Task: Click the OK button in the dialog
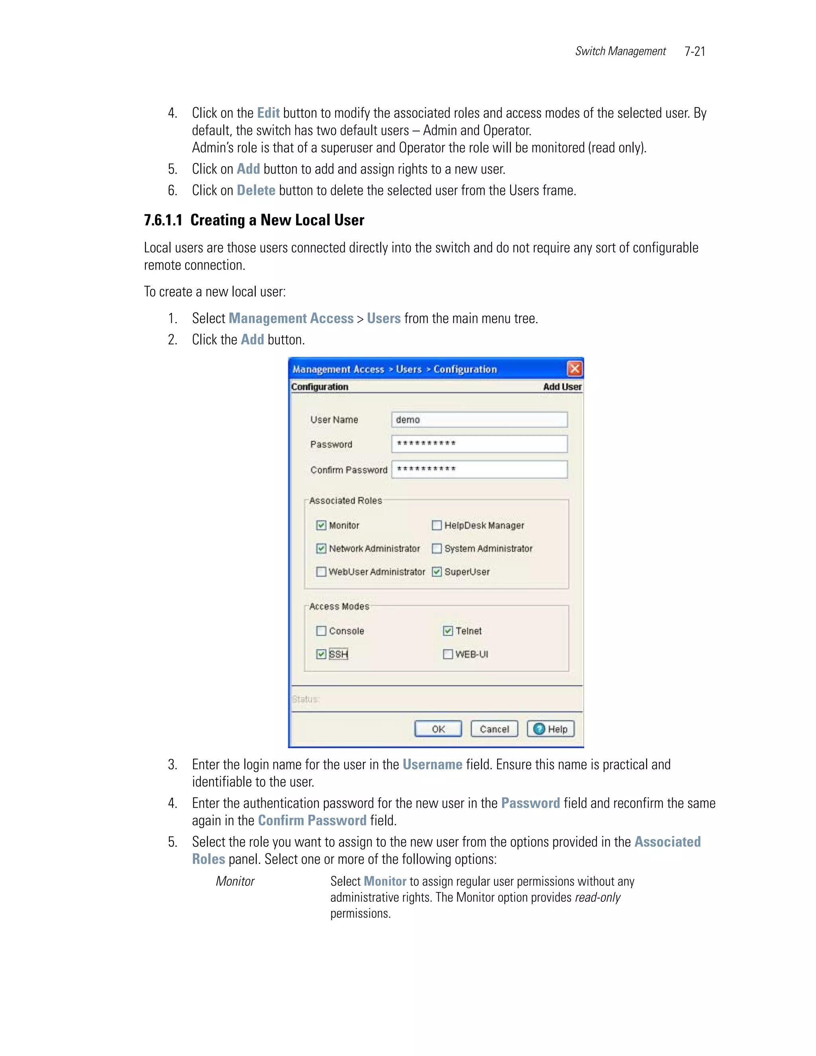click(438, 729)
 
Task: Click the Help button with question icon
click(551, 729)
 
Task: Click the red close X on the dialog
click(574, 369)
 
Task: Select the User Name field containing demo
click(479, 420)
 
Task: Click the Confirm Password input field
click(479, 469)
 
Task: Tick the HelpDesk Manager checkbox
click(437, 525)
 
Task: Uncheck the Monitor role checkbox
click(321, 525)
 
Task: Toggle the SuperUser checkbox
click(437, 571)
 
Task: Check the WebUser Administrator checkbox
click(321, 571)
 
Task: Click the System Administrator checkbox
click(437, 548)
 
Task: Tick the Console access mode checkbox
click(321, 630)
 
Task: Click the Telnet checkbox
click(447, 630)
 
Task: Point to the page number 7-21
click(694, 51)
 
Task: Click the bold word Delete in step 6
click(256, 190)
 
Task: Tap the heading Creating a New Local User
click(277, 220)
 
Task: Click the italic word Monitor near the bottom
click(235, 881)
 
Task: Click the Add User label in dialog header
click(562, 386)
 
